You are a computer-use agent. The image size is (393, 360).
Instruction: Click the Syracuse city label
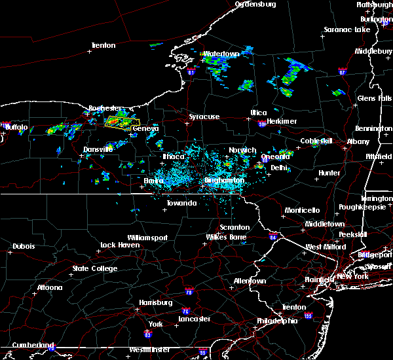[x=204, y=117]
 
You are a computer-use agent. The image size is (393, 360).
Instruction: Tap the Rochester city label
[x=104, y=108]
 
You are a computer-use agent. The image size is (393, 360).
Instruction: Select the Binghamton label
[x=225, y=179]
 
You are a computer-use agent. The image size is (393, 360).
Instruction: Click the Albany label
[x=358, y=141]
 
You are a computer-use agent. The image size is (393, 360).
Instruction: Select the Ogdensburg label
[x=255, y=4]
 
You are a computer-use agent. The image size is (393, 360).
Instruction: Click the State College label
[x=95, y=268]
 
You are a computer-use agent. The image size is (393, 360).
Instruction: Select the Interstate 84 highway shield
[x=273, y=237]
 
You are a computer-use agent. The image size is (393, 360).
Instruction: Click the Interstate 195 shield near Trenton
[x=308, y=316]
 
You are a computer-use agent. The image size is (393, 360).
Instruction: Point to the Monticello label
[x=302, y=210]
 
